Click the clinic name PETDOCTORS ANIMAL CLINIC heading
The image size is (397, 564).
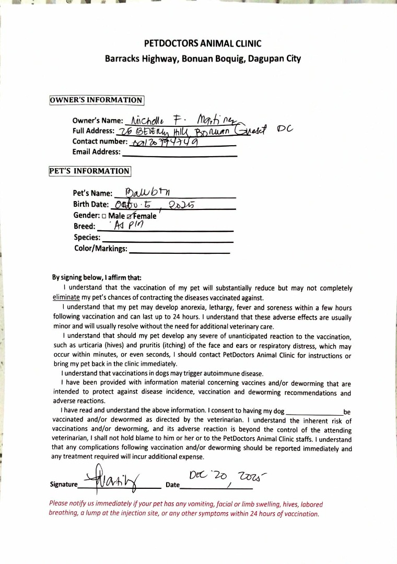[203, 43]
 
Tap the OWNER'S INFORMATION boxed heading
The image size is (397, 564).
[96, 100]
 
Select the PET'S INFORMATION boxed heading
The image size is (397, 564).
[89, 171]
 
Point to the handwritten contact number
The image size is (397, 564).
[162, 142]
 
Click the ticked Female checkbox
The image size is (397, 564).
[129, 215]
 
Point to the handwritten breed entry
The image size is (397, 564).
[125, 225]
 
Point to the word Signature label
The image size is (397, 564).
[64, 485]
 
